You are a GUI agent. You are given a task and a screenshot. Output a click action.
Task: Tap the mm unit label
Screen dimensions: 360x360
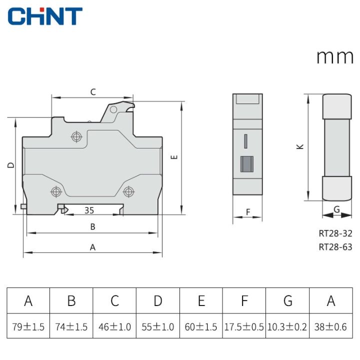pos(334,56)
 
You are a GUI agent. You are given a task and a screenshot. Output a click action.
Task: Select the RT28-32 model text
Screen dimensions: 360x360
pos(335,233)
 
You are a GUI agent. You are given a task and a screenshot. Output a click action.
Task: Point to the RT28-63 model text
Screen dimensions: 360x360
pos(335,246)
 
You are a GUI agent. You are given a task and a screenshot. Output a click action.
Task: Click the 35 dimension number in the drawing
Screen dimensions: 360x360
pos(89,210)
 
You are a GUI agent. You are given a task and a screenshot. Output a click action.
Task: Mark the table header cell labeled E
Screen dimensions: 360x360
pos(201,301)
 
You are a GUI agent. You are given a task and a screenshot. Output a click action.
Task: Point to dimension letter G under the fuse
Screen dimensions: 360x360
pos(336,209)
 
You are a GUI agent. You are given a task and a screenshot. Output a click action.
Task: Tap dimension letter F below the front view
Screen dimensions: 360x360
pos(248,212)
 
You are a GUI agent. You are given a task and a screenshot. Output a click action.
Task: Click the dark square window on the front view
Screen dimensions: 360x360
pos(247,163)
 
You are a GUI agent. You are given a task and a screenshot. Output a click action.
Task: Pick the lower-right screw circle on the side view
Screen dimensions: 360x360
pos(129,191)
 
